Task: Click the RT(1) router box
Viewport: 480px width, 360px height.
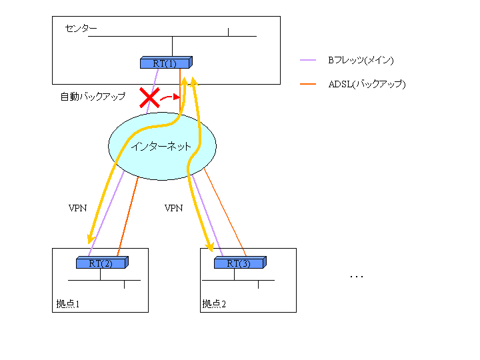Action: (x=165, y=63)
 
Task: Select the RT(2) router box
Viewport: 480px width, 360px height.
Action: (x=101, y=263)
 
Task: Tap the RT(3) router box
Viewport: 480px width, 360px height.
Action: (x=239, y=263)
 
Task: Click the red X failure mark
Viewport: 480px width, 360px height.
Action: (x=149, y=98)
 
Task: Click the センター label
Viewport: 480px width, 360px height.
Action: (x=81, y=29)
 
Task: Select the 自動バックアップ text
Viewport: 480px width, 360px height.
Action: (x=93, y=97)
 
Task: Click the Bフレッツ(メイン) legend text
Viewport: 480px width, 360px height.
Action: (x=360, y=60)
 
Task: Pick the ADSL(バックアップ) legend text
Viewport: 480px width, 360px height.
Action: (x=367, y=84)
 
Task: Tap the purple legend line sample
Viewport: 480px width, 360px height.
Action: (x=308, y=60)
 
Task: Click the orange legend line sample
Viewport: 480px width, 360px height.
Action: (x=308, y=84)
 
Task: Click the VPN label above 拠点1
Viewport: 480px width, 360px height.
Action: (x=78, y=208)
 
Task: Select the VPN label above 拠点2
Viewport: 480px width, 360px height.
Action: (x=173, y=208)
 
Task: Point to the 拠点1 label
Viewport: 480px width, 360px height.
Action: (x=68, y=304)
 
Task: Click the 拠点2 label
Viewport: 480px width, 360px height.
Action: (x=214, y=304)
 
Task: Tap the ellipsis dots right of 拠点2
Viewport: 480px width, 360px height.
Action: (x=357, y=275)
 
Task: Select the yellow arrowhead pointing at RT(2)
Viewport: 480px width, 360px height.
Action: (x=89, y=239)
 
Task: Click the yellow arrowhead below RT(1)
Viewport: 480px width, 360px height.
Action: (x=195, y=81)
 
